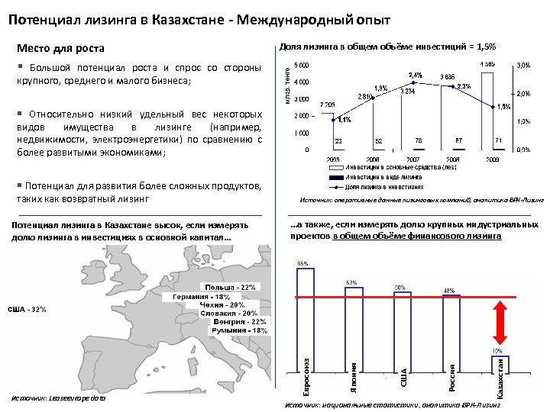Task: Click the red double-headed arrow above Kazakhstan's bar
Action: [501, 323]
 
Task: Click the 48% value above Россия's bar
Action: [449, 290]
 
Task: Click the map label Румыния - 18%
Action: [241, 330]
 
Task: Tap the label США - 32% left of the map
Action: [27, 310]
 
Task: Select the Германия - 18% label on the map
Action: [201, 296]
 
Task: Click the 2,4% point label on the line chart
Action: [416, 75]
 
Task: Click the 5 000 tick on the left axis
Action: [302, 65]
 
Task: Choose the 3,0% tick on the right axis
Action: [524, 66]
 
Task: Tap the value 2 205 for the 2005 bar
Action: [328, 104]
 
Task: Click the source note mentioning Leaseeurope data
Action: [60, 398]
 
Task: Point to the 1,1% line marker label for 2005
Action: [344, 120]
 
